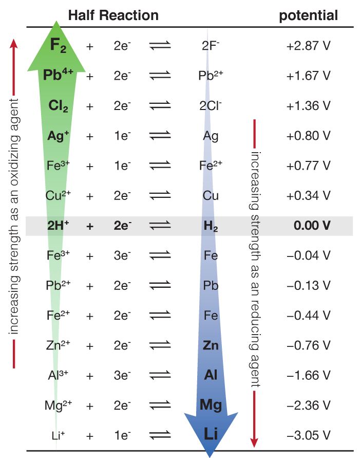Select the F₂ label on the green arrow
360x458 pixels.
[x=58, y=45]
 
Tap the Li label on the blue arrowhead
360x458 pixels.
[x=211, y=434]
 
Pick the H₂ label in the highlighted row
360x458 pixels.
[x=211, y=226]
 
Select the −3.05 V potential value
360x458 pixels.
[x=308, y=435]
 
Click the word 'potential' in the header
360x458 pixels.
[x=308, y=15]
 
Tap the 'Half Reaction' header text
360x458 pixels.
[x=113, y=15]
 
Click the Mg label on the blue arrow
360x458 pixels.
[x=211, y=405]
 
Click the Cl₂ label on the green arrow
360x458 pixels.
[x=58, y=106]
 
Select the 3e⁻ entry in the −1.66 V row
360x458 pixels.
[x=123, y=375]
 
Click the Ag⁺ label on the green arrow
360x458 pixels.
[x=58, y=136]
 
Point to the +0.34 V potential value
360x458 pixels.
[x=308, y=196]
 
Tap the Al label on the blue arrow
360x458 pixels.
[x=211, y=375]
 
